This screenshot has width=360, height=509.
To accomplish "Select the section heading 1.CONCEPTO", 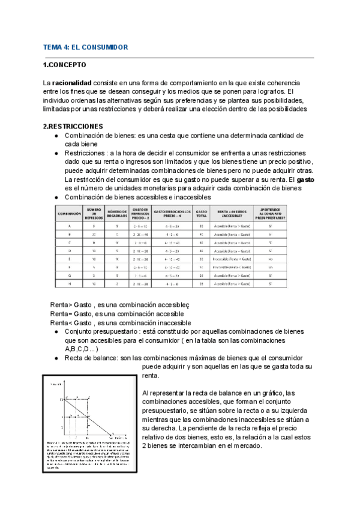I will (x=65, y=65).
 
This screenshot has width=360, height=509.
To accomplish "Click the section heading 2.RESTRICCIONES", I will (x=73, y=127).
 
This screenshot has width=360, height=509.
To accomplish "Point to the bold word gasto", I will (x=306, y=179).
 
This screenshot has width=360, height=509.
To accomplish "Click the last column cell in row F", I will (x=271, y=266).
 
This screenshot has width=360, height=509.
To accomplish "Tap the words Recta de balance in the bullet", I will (x=91, y=358).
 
